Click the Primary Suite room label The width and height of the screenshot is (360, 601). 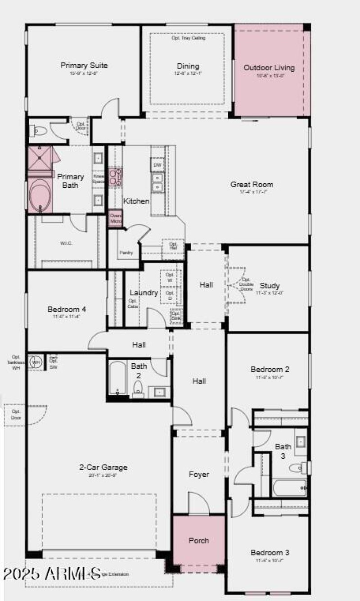(x=84, y=66)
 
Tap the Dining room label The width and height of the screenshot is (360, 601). (x=188, y=66)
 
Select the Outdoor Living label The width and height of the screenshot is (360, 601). (x=269, y=68)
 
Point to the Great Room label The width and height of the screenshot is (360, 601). (x=252, y=185)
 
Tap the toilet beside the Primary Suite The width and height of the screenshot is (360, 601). (x=40, y=131)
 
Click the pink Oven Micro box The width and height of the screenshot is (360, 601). (x=116, y=218)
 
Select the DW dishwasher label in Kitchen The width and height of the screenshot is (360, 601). (x=157, y=165)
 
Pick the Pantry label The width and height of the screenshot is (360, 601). (x=126, y=253)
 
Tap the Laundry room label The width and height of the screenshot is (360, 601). (x=144, y=293)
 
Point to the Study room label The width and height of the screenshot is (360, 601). (x=270, y=285)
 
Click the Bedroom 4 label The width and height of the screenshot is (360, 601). (x=67, y=310)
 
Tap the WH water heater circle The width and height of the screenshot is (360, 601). (x=35, y=362)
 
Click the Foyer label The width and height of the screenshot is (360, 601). (x=199, y=474)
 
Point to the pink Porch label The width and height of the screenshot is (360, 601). (x=198, y=541)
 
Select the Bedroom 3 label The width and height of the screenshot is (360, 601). (x=270, y=552)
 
